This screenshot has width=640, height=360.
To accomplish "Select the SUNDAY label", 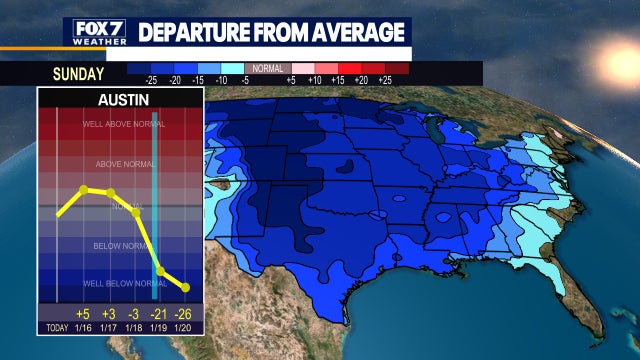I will tap(78, 73).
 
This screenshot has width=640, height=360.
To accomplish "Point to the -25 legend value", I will tap(152, 79).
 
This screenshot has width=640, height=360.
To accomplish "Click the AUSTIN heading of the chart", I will tap(120, 100).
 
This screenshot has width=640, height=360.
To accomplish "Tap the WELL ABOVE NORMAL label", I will tap(120, 125).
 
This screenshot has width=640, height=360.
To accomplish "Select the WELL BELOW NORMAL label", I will tap(120, 284).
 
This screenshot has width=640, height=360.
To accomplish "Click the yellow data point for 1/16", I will tap(84, 189).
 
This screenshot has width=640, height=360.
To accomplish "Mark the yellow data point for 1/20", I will tap(185, 288).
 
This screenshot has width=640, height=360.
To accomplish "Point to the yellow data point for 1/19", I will tap(160, 271).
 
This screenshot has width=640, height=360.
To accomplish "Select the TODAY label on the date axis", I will tap(57, 328).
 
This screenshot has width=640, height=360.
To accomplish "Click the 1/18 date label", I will tap(135, 328).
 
